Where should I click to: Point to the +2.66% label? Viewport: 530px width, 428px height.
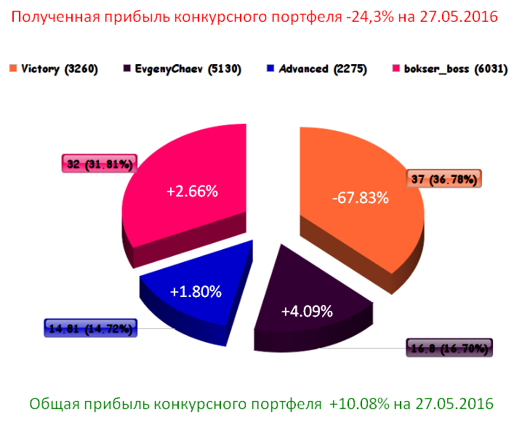(192, 191)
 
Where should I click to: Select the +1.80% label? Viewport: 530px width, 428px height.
(196, 290)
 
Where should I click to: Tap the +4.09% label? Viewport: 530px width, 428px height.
(307, 311)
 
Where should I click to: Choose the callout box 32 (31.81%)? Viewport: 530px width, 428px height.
(99, 165)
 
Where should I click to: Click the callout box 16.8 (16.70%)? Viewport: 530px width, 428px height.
(449, 348)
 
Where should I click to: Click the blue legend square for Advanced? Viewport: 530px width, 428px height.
(270, 69)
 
